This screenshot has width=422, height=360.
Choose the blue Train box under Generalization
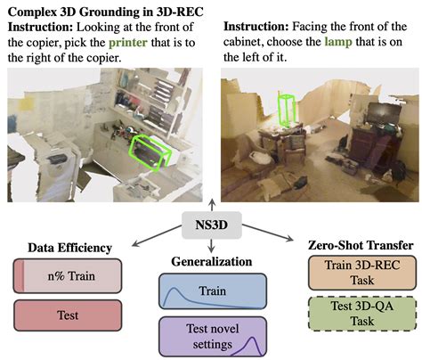[x=211, y=291]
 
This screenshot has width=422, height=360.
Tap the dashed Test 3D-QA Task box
[x=357, y=315]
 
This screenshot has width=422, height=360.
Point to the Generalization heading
[x=211, y=262]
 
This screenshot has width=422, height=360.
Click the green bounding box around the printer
[x=148, y=151]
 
